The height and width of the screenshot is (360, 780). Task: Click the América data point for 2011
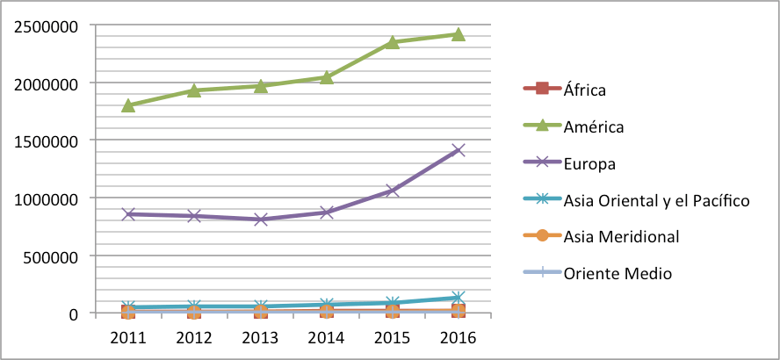point(128,105)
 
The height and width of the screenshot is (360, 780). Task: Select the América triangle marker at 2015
point(392,41)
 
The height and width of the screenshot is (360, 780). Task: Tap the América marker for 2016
point(458,34)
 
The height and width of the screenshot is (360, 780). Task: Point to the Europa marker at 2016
point(458,150)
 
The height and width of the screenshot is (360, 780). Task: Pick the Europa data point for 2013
point(260,219)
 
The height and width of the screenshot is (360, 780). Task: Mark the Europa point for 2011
point(128,213)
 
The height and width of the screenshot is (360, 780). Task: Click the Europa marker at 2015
point(392,190)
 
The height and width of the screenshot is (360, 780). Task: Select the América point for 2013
point(260,85)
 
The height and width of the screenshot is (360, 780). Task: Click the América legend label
point(594,126)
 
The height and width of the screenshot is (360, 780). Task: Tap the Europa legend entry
point(589,163)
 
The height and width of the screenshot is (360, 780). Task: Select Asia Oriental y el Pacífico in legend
point(656,200)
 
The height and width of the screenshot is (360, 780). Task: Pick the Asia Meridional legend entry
point(621,236)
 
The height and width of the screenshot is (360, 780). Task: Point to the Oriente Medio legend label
point(617,273)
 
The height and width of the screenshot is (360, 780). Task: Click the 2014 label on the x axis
point(326,337)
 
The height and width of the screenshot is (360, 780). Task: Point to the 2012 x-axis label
point(194,337)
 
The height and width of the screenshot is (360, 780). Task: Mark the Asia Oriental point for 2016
point(458,299)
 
